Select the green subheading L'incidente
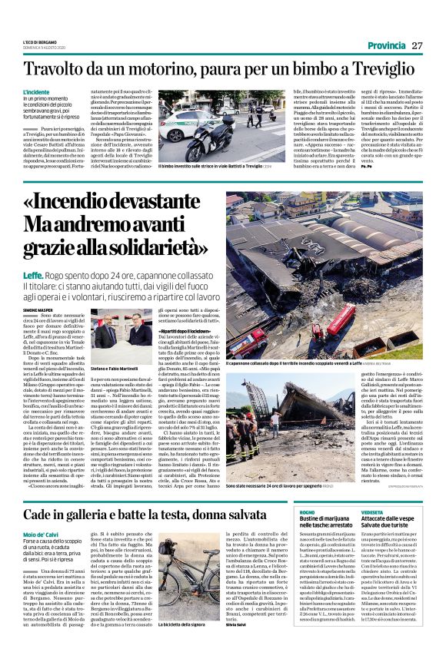pyautogui.click(x=36, y=91)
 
